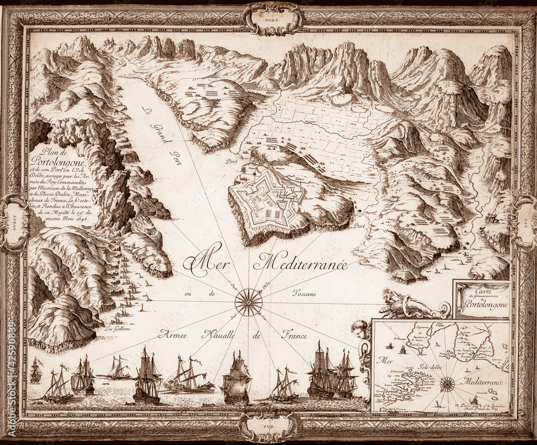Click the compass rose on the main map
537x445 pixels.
(x=248, y=302)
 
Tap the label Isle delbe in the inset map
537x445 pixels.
(x=431, y=366)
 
